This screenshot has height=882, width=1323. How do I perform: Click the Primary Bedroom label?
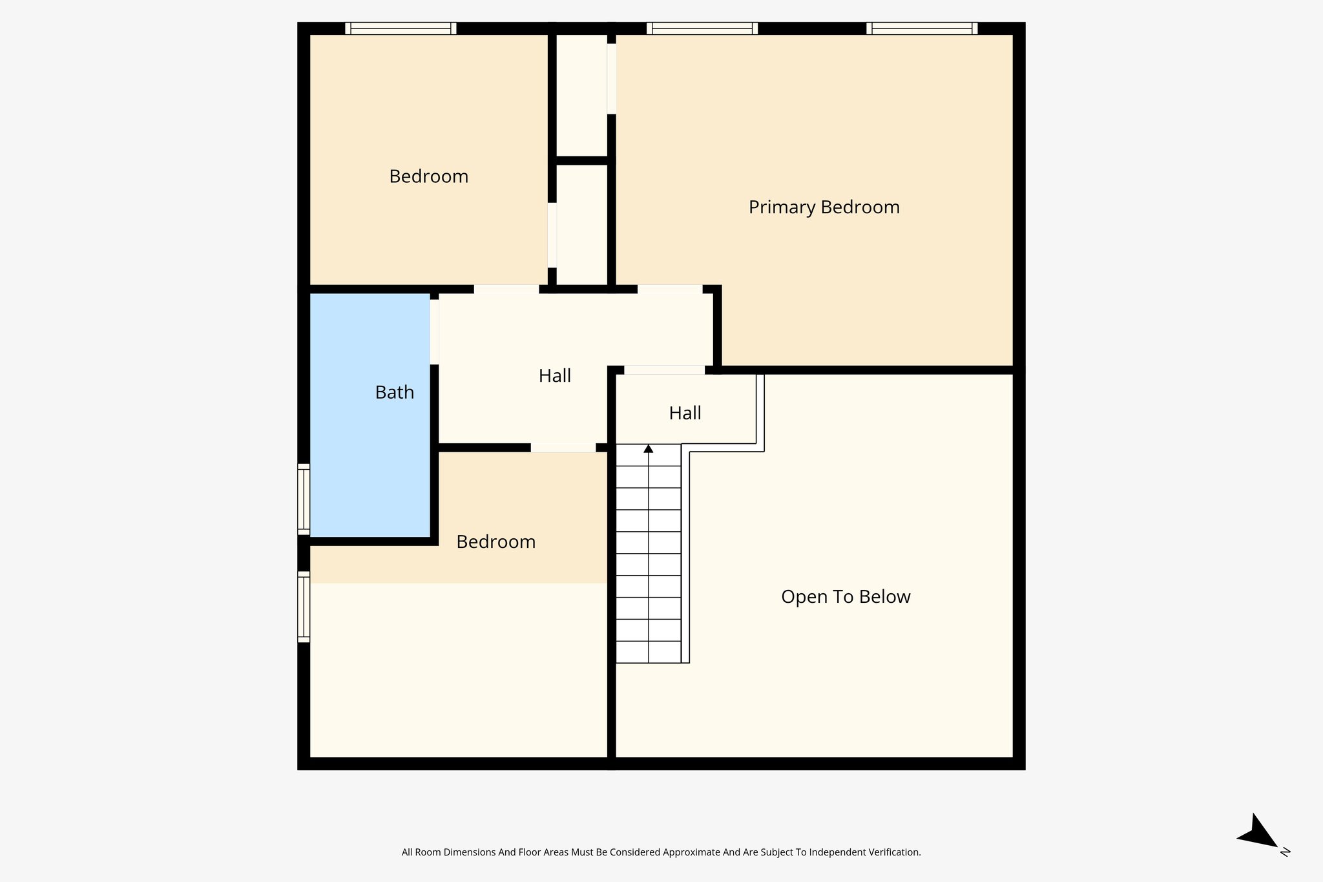pos(824,207)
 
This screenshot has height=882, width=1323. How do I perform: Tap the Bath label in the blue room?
pos(394,392)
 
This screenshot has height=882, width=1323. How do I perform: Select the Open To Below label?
pos(845,596)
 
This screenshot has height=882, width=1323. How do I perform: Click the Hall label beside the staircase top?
pos(685,413)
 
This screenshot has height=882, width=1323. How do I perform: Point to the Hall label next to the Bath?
pos(554,375)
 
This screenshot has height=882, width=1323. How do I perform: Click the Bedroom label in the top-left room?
pos(428,176)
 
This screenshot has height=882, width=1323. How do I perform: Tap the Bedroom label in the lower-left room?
pos(495,541)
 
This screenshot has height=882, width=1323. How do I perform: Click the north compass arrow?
pos(1256,834)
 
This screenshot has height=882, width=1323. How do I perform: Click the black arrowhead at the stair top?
pos(649,448)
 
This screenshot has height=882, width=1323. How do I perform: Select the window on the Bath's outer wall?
pos(304,499)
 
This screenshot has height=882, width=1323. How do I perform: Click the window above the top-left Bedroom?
pos(401,28)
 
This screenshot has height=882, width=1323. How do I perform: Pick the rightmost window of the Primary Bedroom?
pos(922,28)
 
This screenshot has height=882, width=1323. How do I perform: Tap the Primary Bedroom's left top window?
pos(702,28)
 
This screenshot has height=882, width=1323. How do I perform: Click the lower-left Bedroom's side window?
pos(304,606)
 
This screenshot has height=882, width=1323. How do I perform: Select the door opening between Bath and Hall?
pos(435,331)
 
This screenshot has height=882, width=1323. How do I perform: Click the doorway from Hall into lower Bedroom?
pos(563,447)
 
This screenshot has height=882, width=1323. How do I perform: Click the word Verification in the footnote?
pos(894,852)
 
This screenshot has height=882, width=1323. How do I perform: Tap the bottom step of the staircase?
pos(649,652)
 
